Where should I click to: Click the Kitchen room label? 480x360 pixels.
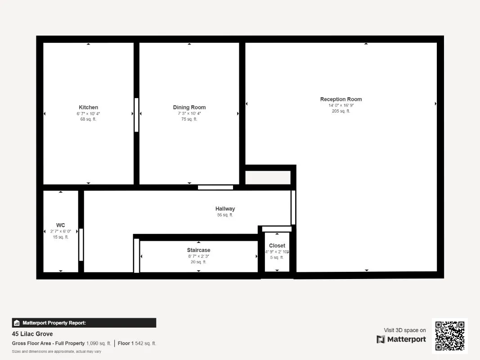[89, 108]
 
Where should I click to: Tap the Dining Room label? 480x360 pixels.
[189, 108]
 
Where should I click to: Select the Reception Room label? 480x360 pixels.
[341, 99]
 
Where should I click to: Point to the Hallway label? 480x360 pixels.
[225, 209]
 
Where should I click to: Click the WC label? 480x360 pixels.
[61, 225]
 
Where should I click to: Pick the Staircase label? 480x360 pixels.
[199, 250]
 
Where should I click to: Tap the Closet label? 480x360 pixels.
[277, 246]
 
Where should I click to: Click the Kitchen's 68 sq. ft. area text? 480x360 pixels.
[88, 119]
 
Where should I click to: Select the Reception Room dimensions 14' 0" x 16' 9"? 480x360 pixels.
[341, 105]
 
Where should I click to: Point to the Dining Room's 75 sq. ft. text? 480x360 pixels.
[189, 119]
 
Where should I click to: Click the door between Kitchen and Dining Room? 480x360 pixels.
[136, 115]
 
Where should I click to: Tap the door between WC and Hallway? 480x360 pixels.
[81, 245]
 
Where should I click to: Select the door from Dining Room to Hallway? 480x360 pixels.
[215, 187]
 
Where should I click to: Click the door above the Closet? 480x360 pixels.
[277, 229]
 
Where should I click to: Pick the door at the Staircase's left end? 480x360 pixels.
[136, 256]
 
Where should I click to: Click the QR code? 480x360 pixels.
[450, 336]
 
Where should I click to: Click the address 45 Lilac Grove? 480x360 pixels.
[32, 333]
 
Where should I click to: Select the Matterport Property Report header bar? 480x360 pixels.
[84, 323]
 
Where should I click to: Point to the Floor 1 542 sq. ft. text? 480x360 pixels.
[137, 343]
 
